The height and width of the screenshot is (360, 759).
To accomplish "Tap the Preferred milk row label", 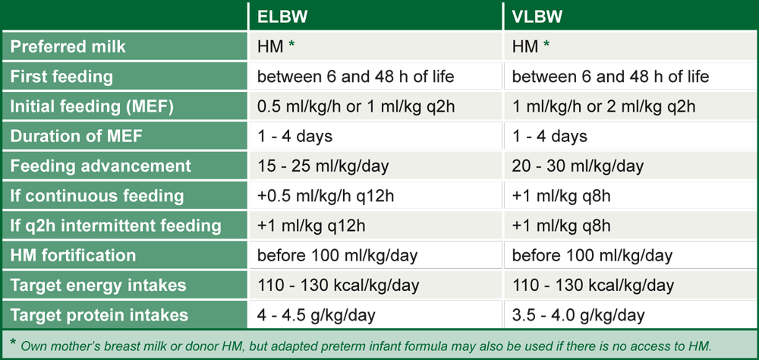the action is click(68, 46).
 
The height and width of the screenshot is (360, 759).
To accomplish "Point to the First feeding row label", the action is click(61, 77).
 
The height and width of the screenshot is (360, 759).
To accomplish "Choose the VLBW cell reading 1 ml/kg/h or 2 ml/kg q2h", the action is click(603, 106).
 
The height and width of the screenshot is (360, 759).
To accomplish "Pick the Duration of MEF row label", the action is click(77, 136).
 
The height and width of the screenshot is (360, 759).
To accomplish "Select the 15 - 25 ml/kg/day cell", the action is click(323, 166).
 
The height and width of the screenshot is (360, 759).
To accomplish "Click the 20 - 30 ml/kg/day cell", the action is click(578, 166).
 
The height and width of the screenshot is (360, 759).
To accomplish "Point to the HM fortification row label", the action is click(73, 255).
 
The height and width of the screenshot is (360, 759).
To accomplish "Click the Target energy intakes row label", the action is click(98, 286).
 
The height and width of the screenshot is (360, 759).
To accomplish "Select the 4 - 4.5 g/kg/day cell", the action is click(316, 315).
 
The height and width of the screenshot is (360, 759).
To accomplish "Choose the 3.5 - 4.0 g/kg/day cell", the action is click(578, 315).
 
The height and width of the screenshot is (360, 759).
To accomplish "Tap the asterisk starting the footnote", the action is click(13, 342).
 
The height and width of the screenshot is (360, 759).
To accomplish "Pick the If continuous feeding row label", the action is click(97, 196).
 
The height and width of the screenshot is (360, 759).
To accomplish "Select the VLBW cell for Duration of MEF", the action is click(550, 136).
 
